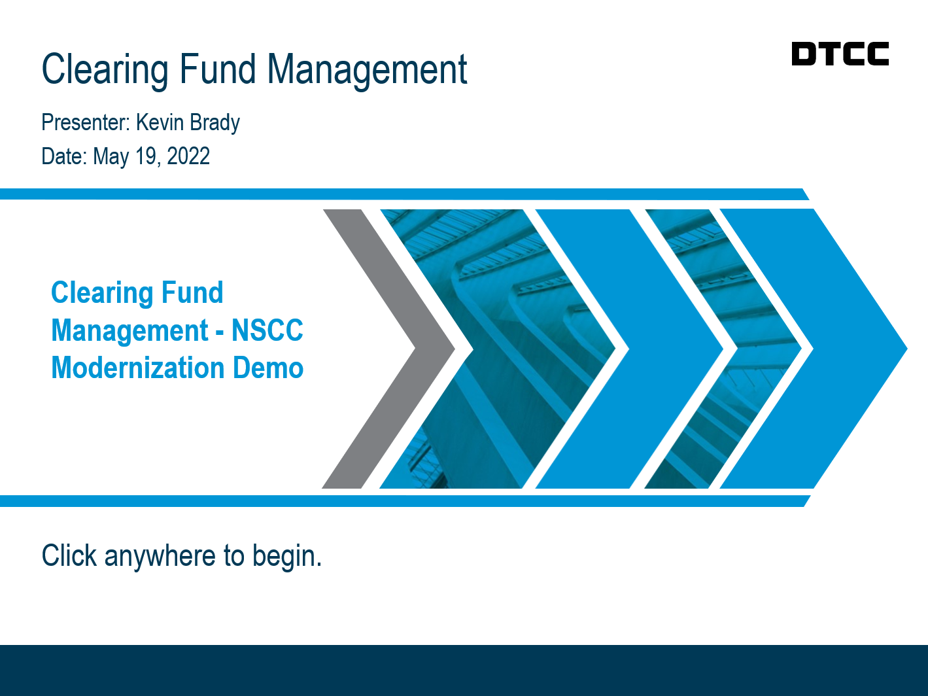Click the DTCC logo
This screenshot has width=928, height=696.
click(x=840, y=53)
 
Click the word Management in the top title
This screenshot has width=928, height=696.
click(x=367, y=70)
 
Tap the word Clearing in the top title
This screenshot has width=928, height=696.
click(x=105, y=70)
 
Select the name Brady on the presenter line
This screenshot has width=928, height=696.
click(x=215, y=123)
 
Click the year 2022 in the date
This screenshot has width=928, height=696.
click(x=188, y=156)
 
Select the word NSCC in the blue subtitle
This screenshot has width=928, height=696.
click(x=267, y=330)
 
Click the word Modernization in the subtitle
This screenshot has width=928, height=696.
click(x=138, y=368)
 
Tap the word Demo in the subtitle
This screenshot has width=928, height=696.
click(x=268, y=368)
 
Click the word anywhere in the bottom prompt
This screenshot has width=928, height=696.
click(x=160, y=556)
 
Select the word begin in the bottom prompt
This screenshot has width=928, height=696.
click(x=287, y=557)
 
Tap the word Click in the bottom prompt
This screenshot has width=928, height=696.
click(x=69, y=555)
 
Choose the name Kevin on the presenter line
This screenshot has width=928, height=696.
click(x=160, y=122)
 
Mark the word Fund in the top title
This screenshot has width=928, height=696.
click(x=218, y=69)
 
